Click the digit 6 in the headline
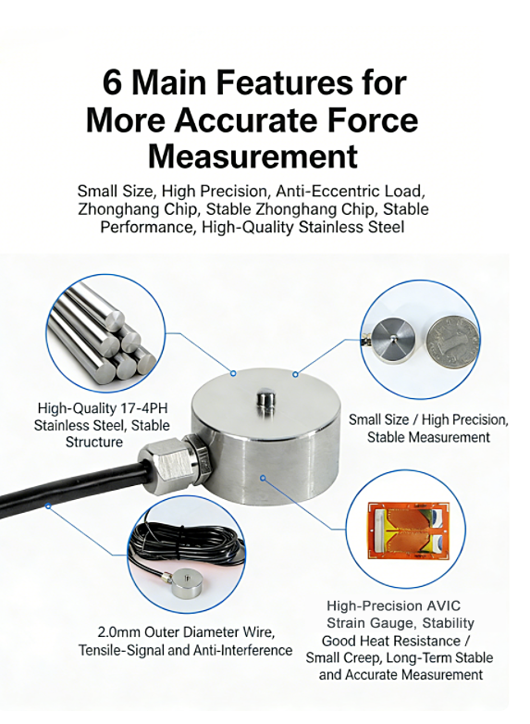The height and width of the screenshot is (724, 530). [113, 82]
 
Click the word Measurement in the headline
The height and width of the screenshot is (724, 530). [253, 156]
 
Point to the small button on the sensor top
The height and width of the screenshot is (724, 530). [265, 398]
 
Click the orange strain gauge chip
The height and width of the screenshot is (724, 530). [408, 530]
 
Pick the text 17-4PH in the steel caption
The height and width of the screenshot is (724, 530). [144, 408]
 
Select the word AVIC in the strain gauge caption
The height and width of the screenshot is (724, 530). [443, 605]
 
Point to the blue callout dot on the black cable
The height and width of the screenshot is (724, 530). [48, 506]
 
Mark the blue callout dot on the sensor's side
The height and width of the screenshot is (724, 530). [263, 478]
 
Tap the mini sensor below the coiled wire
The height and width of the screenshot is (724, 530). [188, 583]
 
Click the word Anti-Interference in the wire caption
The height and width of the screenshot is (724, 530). [242, 650]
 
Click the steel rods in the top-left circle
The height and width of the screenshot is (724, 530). [103, 333]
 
